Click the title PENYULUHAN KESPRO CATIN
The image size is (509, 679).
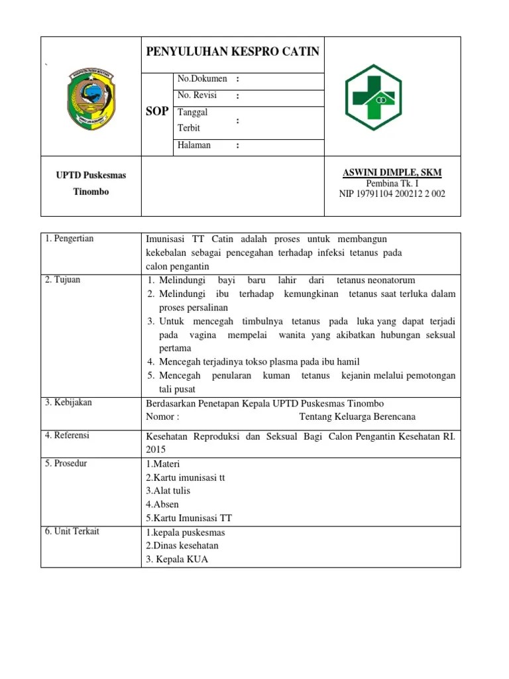[232, 52]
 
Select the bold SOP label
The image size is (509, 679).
[157, 111]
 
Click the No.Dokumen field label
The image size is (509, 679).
[202, 79]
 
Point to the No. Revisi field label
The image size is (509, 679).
[198, 95]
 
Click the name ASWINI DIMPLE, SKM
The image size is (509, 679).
[392, 172]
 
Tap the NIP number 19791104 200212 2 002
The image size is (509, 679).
[392, 194]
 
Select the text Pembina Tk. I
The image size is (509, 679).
[392, 184]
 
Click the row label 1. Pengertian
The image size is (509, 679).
[70, 239]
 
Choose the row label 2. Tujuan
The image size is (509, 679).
[63, 280]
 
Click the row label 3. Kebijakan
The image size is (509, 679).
[68, 402]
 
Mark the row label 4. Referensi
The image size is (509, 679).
[68, 436]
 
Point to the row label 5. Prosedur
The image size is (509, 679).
[66, 463]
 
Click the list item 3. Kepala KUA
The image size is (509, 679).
[177, 559]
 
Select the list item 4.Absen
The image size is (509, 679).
[162, 505]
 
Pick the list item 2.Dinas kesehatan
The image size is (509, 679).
[182, 546]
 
